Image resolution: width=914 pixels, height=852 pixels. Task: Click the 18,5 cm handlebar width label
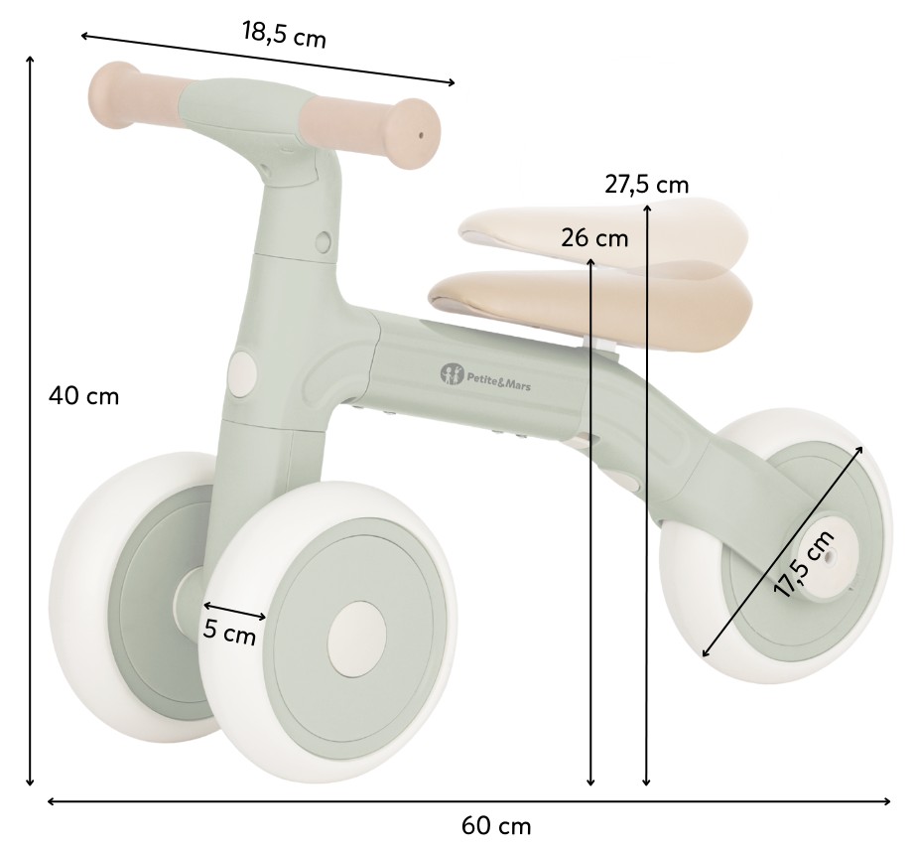pos(284,34)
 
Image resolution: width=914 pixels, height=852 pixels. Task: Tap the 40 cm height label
pos(84,396)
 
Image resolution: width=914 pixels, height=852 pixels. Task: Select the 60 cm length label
pos(496,826)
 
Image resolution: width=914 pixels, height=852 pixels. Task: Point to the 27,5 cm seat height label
pos(646,185)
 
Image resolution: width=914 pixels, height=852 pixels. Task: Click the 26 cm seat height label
pos(594,238)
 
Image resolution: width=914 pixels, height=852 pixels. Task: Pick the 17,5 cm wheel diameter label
pos(804,564)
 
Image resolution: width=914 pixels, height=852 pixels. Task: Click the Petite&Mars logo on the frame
pos(485,375)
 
